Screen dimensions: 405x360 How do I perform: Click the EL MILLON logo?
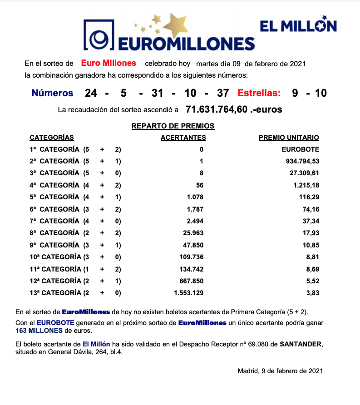click(298, 25)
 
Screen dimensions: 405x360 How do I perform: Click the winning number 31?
click(158, 93)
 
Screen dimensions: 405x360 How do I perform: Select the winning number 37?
click(223, 93)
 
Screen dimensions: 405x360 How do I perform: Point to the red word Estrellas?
click(259, 93)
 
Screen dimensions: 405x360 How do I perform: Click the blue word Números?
click(52, 93)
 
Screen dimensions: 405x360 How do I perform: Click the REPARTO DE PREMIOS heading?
click(173, 126)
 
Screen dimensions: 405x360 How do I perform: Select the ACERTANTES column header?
click(183, 138)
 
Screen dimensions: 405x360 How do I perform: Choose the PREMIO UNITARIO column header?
click(289, 138)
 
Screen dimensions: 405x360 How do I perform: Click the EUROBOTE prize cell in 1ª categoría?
click(300, 149)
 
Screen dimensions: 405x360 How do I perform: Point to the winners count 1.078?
click(194, 197)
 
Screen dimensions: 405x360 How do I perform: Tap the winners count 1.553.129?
click(188, 293)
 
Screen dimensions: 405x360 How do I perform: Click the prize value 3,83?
click(312, 293)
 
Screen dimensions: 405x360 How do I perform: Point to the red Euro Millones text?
click(108, 63)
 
